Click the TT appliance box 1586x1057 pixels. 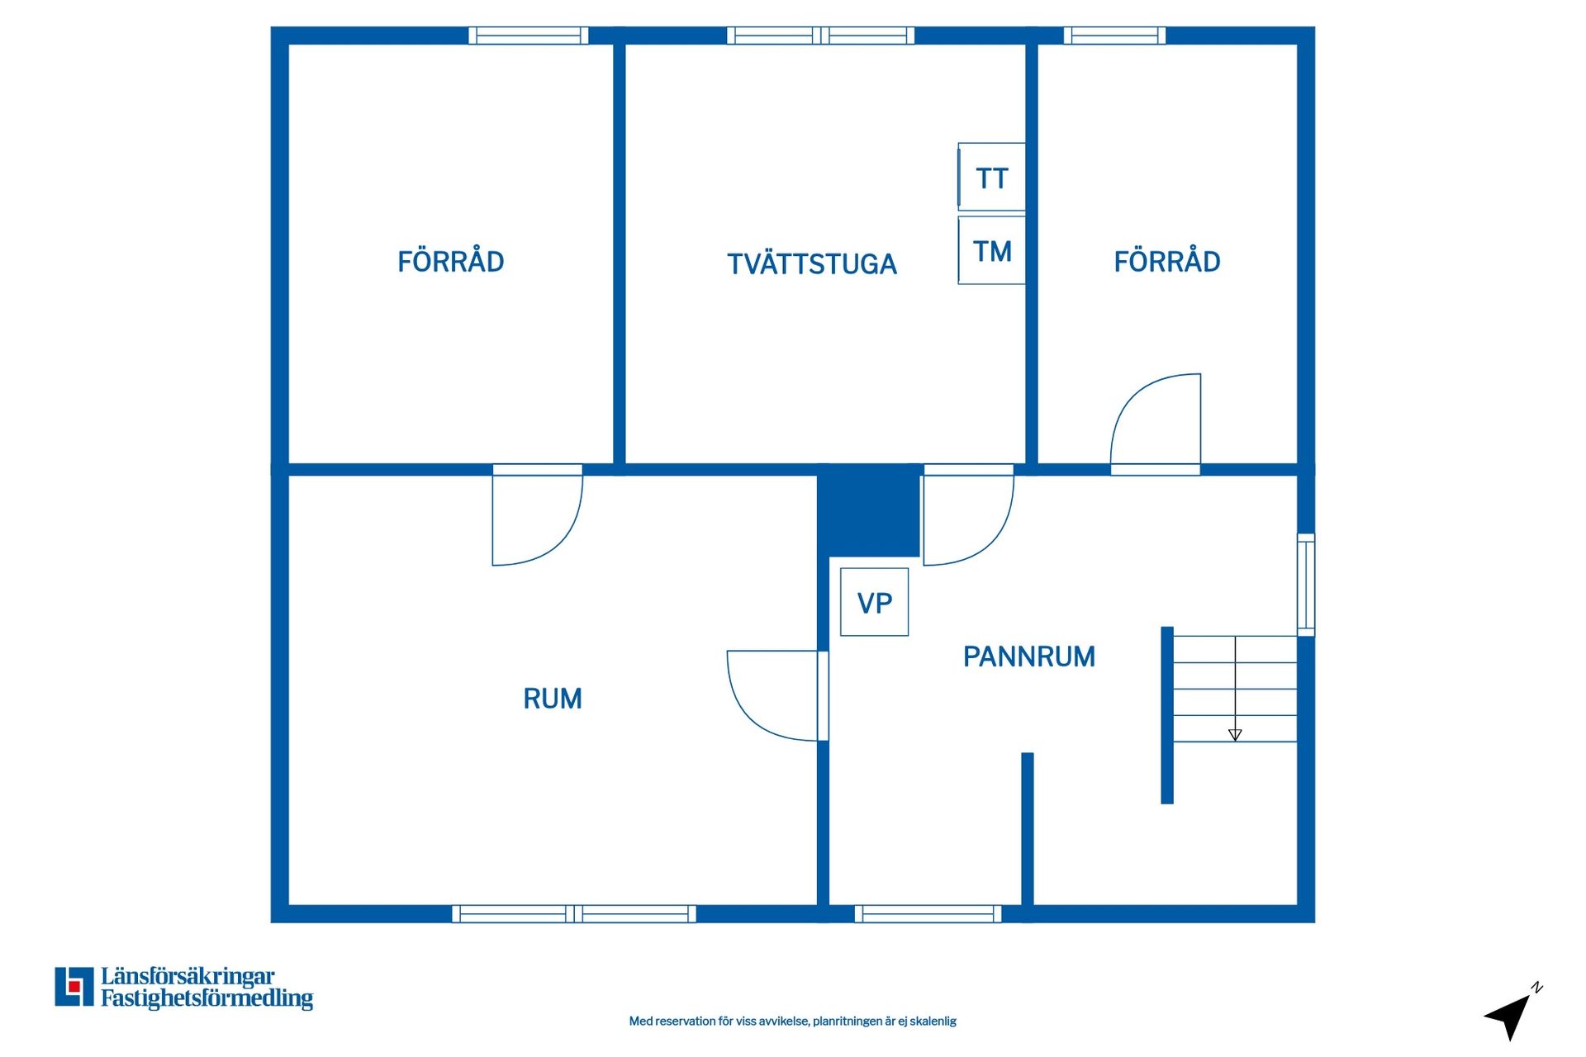pyautogui.click(x=991, y=177)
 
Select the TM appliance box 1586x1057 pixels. pyautogui.click(x=991, y=250)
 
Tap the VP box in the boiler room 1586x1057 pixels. pyautogui.click(x=874, y=602)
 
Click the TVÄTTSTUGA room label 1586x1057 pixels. pyautogui.click(x=811, y=263)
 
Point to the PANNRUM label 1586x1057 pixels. pyautogui.click(x=1029, y=656)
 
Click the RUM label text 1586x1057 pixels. pyautogui.click(x=553, y=699)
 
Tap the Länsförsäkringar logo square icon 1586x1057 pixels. pyautogui.click(x=74, y=987)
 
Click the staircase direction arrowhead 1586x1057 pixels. pyautogui.click(x=1235, y=735)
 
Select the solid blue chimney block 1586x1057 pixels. pyautogui.click(x=868, y=510)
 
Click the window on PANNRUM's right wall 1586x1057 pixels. pyautogui.click(x=1306, y=585)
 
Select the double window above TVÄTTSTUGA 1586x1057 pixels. pyautogui.click(x=820, y=36)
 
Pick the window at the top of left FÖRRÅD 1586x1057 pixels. pyautogui.click(x=529, y=36)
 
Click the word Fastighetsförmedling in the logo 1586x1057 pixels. pyautogui.click(x=207, y=998)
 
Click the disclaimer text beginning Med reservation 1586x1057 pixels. pyautogui.click(x=793, y=1021)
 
